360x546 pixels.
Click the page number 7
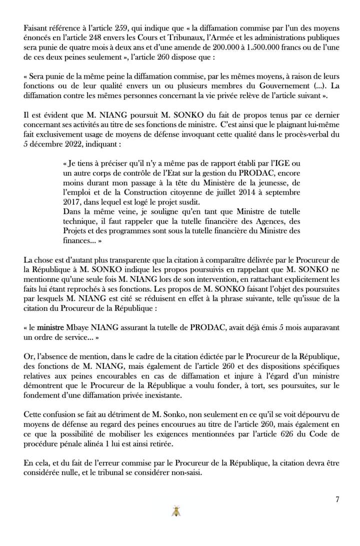pyautogui.click(x=337, y=499)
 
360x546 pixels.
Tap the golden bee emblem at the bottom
pyautogui.click(x=176, y=511)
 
